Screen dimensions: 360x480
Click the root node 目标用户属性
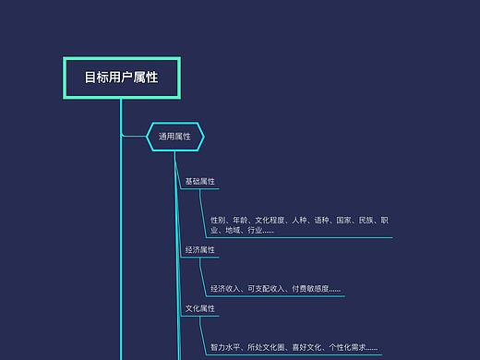(121, 78)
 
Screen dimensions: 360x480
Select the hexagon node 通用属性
(174, 137)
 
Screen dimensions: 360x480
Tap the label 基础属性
(199, 181)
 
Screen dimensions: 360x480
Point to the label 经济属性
(199, 249)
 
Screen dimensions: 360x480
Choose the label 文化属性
(199, 307)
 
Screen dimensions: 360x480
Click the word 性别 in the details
(218, 221)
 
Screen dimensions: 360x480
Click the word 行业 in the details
(254, 231)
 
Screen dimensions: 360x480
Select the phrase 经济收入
(225, 289)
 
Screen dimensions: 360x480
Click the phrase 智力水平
(225, 347)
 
